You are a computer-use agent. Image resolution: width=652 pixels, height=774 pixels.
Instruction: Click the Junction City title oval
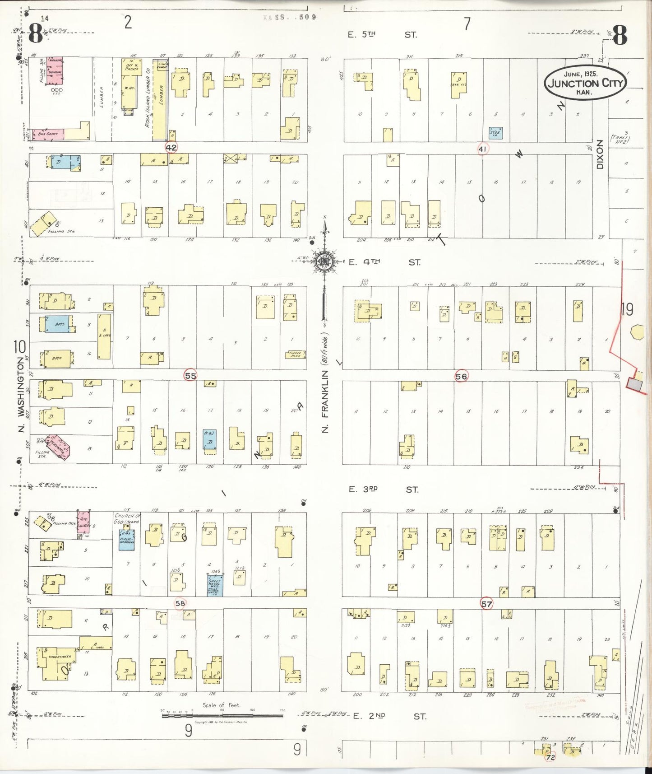tap(585, 83)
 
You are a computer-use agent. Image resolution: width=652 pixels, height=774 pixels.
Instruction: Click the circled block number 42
tap(171, 148)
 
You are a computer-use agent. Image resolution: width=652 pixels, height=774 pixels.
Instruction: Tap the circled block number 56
tap(461, 376)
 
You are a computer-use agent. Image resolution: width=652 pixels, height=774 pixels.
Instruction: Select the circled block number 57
tap(486, 604)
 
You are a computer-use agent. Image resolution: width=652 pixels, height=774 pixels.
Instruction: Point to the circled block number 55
tap(190, 375)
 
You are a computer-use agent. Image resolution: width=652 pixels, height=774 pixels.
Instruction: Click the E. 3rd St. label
tap(384, 490)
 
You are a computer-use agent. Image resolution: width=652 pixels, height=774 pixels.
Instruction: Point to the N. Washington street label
tap(20, 394)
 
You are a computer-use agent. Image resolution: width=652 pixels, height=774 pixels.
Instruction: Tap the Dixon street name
tap(600, 154)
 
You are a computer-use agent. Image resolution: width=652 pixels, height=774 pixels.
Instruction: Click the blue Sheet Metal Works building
tap(215, 585)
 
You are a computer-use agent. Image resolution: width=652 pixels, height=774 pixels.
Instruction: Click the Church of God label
tap(128, 518)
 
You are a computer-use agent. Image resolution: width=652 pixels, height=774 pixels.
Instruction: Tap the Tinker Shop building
tap(295, 354)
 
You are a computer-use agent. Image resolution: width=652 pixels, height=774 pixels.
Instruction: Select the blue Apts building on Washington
tap(60, 324)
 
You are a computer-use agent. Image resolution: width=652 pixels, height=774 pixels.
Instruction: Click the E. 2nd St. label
tap(388, 716)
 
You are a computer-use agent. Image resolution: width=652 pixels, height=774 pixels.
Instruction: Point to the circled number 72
tap(550, 757)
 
